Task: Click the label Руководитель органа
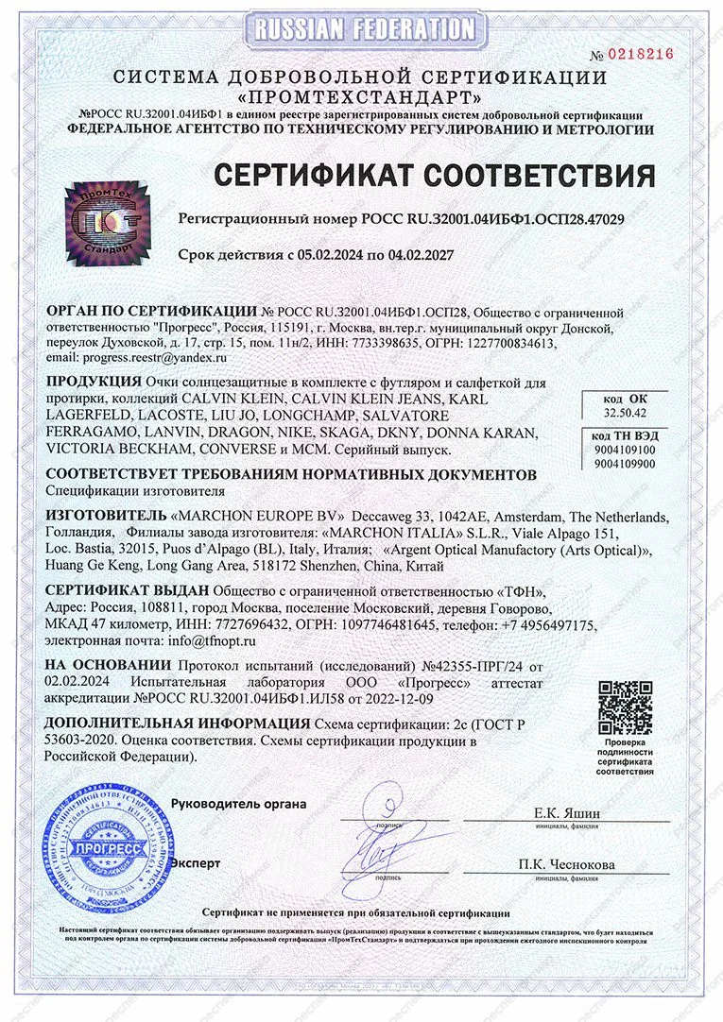tap(238, 804)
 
